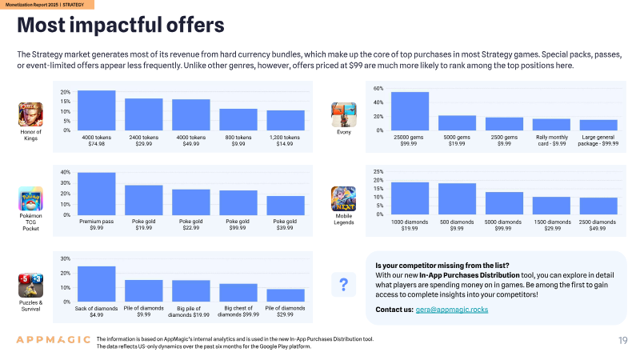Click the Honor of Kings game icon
(x=30, y=114)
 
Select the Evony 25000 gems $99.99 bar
(x=410, y=111)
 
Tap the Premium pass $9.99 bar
(x=96, y=194)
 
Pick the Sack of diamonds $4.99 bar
(x=96, y=284)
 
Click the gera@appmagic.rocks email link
(x=452, y=310)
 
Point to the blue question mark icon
(x=344, y=285)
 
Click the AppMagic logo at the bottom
(x=53, y=339)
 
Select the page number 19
(x=623, y=341)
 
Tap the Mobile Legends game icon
(x=344, y=198)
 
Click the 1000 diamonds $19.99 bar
(x=410, y=198)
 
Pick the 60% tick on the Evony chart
(x=378, y=89)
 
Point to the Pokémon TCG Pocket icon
(x=30, y=198)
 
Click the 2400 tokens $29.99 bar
(x=144, y=114)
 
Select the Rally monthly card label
(x=552, y=141)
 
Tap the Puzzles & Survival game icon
(x=30, y=286)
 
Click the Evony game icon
(x=344, y=114)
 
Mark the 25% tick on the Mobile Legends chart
(x=378, y=172)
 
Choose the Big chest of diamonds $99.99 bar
(x=238, y=293)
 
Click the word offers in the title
(x=195, y=25)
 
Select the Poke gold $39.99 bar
(x=286, y=206)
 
